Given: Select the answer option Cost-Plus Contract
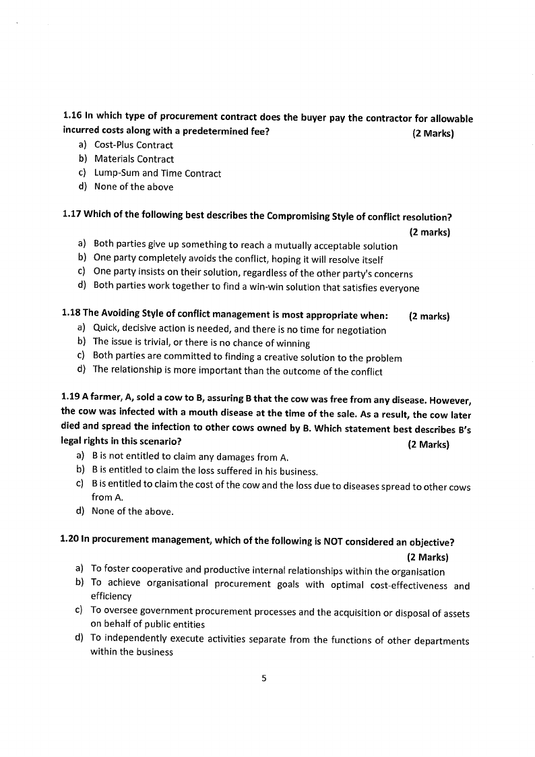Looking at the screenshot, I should (x=133, y=145).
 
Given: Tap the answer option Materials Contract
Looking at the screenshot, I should (x=133, y=159).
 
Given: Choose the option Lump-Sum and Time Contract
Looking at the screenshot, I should (x=157, y=173).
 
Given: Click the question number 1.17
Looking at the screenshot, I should (x=71, y=216).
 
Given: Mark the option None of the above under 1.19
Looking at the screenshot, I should (x=132, y=511).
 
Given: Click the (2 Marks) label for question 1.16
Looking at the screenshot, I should (x=433, y=133).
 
